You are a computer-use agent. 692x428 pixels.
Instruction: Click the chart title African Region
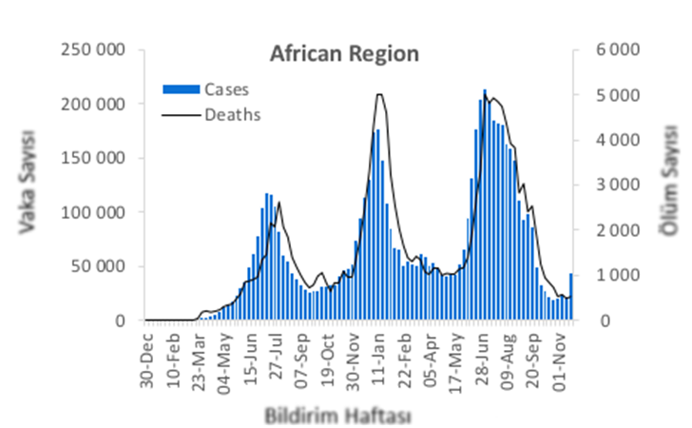(343, 53)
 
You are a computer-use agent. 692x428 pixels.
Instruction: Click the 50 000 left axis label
(99, 266)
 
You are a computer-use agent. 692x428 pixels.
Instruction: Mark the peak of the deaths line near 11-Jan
(379, 94)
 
